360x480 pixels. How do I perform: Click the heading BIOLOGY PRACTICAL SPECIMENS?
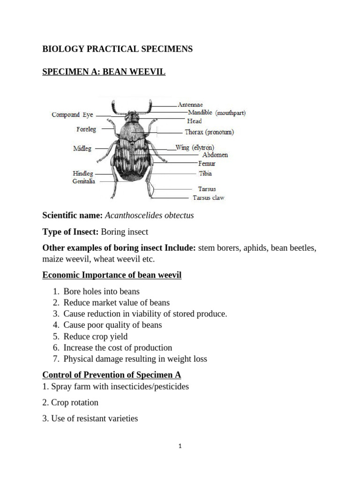(x=117, y=49)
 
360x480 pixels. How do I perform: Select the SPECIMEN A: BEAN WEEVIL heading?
(x=104, y=72)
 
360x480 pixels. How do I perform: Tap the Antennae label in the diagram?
(x=190, y=105)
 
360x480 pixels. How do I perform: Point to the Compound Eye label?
(x=73, y=115)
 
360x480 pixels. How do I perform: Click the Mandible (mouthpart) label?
(x=217, y=113)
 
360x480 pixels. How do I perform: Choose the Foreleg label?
(x=86, y=129)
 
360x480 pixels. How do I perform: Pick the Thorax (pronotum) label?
(x=209, y=132)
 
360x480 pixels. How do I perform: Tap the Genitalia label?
(x=84, y=181)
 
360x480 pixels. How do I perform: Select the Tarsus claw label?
(x=209, y=198)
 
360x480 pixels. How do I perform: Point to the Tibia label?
(x=205, y=173)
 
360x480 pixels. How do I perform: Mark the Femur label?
(x=207, y=164)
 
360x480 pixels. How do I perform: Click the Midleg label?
(x=82, y=149)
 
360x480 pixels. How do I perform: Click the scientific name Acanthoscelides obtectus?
(x=149, y=216)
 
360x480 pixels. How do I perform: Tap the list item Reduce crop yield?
(x=96, y=337)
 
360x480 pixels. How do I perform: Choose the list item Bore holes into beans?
(x=102, y=292)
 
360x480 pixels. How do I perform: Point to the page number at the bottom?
(x=180, y=446)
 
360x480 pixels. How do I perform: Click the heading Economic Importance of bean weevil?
(x=112, y=275)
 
